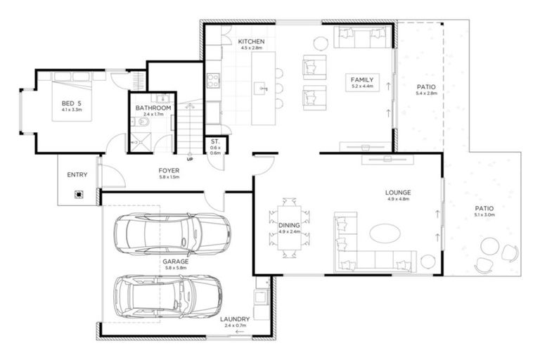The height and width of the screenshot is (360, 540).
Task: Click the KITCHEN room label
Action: [250, 41]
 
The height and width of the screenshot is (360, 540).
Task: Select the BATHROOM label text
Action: [153, 108]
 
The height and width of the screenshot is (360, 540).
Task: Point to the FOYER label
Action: [169, 170]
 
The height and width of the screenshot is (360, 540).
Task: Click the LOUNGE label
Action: [398, 192]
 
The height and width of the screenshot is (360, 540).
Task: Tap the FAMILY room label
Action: [362, 79]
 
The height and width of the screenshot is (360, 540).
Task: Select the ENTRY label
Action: [77, 175]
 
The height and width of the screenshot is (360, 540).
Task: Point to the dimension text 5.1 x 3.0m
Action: [484, 217]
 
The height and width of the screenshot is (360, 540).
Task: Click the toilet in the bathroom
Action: [143, 124]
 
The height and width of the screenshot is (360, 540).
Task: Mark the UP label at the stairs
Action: [190, 158]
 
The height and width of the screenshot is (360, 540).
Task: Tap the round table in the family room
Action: [320, 43]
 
